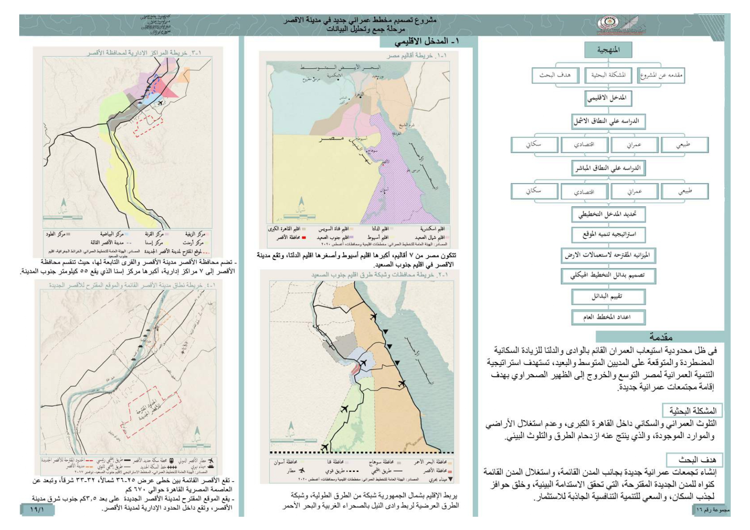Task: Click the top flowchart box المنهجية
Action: [x=608, y=50]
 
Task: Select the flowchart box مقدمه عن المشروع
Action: [x=661, y=76]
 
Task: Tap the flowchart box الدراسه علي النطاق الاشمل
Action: [x=608, y=121]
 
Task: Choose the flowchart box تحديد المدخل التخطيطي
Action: [x=608, y=214]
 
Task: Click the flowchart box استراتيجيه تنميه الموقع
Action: [x=608, y=235]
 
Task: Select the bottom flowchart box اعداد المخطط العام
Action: [x=608, y=317]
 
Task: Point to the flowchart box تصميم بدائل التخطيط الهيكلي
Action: [x=608, y=276]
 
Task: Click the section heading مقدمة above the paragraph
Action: [x=661, y=337]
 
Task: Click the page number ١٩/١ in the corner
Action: [x=37, y=509]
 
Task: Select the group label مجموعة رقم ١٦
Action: [x=711, y=510]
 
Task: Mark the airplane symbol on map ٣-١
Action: [x=160, y=103]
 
